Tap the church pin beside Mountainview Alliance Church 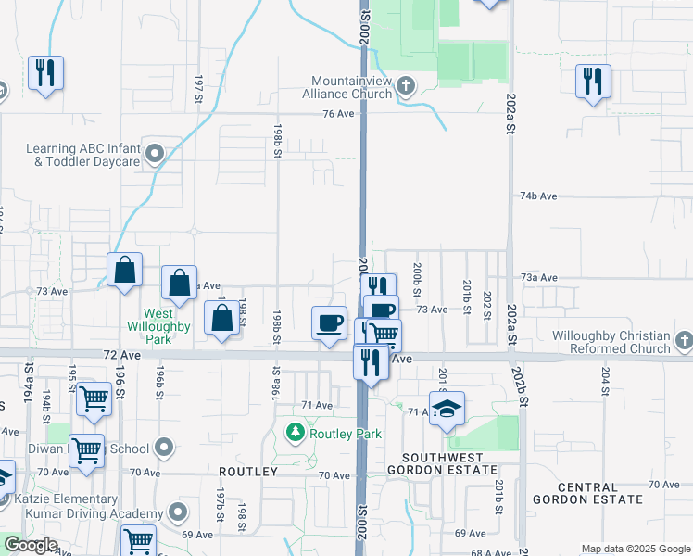coord(406,88)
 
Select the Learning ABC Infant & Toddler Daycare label coord(83,155)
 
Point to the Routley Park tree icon coord(296,433)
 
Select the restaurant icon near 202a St coord(592,81)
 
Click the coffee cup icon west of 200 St coord(329,322)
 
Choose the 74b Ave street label coord(538,196)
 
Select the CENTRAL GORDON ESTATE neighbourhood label coord(599,494)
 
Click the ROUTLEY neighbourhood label coord(248,472)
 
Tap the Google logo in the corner coord(31,545)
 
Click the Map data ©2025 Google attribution coord(635,549)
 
